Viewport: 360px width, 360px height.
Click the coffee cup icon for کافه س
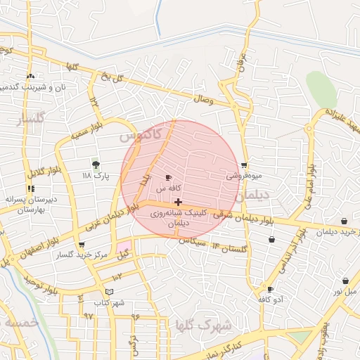(x=167, y=178)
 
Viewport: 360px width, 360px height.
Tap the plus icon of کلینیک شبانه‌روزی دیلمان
(x=178, y=202)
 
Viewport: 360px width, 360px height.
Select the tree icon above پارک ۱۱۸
(x=96, y=164)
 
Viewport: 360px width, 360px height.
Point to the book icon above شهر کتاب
(x=108, y=292)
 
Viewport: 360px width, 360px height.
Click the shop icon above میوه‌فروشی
(x=244, y=166)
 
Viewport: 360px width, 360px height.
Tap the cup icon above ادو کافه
(x=270, y=289)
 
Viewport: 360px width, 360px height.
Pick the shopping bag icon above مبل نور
(x=345, y=281)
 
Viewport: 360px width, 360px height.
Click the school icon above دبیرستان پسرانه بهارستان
(x=30, y=188)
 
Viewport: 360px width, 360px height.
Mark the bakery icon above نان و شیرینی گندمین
(x=30, y=76)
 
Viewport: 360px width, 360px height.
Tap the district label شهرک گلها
(x=215, y=326)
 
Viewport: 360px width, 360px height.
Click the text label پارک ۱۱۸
(x=96, y=175)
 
